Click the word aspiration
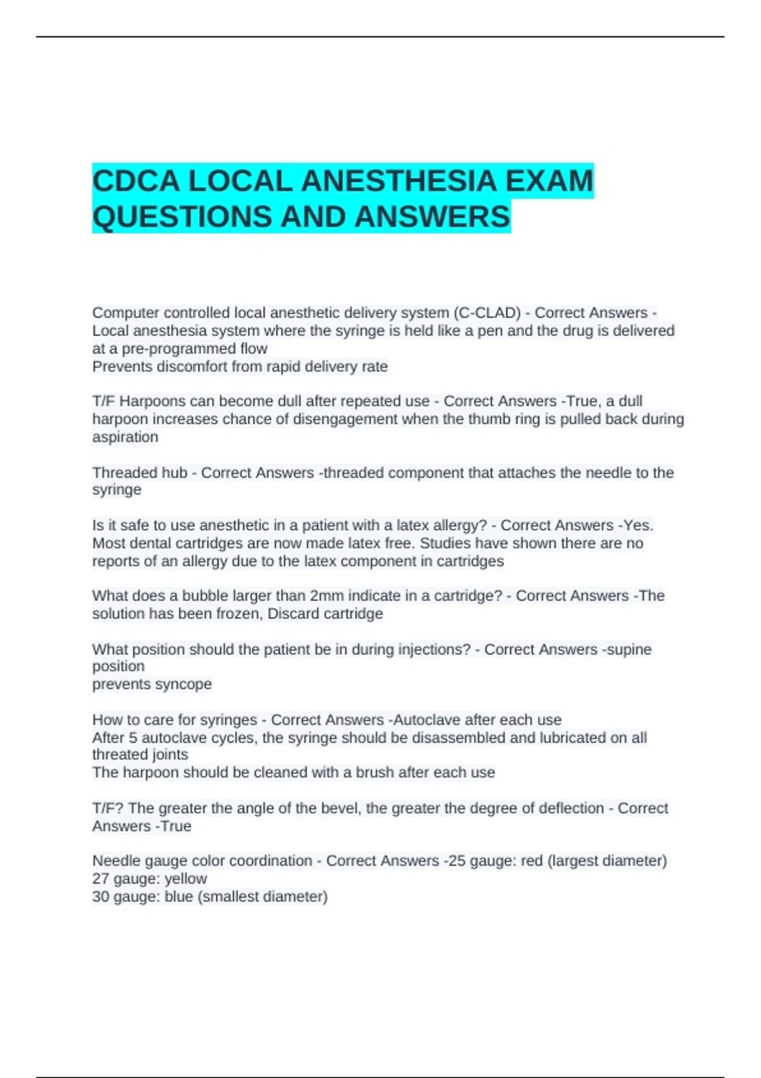125,437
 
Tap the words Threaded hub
140,473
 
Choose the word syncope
184,684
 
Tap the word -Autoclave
424,720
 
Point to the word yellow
185,879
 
